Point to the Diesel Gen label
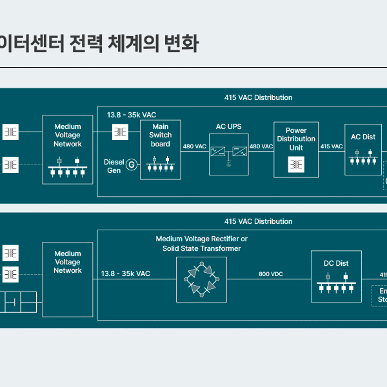pos(114,166)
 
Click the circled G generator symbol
pos(132,165)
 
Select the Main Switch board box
pos(160,150)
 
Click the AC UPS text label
pos(228,126)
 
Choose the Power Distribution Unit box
pos(296,149)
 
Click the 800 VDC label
pos(271,274)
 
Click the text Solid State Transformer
pos(201,248)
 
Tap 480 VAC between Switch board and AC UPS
pos(195,146)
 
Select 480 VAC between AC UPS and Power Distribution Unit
pos(261,146)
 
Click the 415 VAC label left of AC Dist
pos(332,146)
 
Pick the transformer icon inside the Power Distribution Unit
pos(296,165)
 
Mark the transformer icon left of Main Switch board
pos(120,132)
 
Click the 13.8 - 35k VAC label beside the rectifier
pos(125,274)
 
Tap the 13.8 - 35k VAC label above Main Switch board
pos(132,115)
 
